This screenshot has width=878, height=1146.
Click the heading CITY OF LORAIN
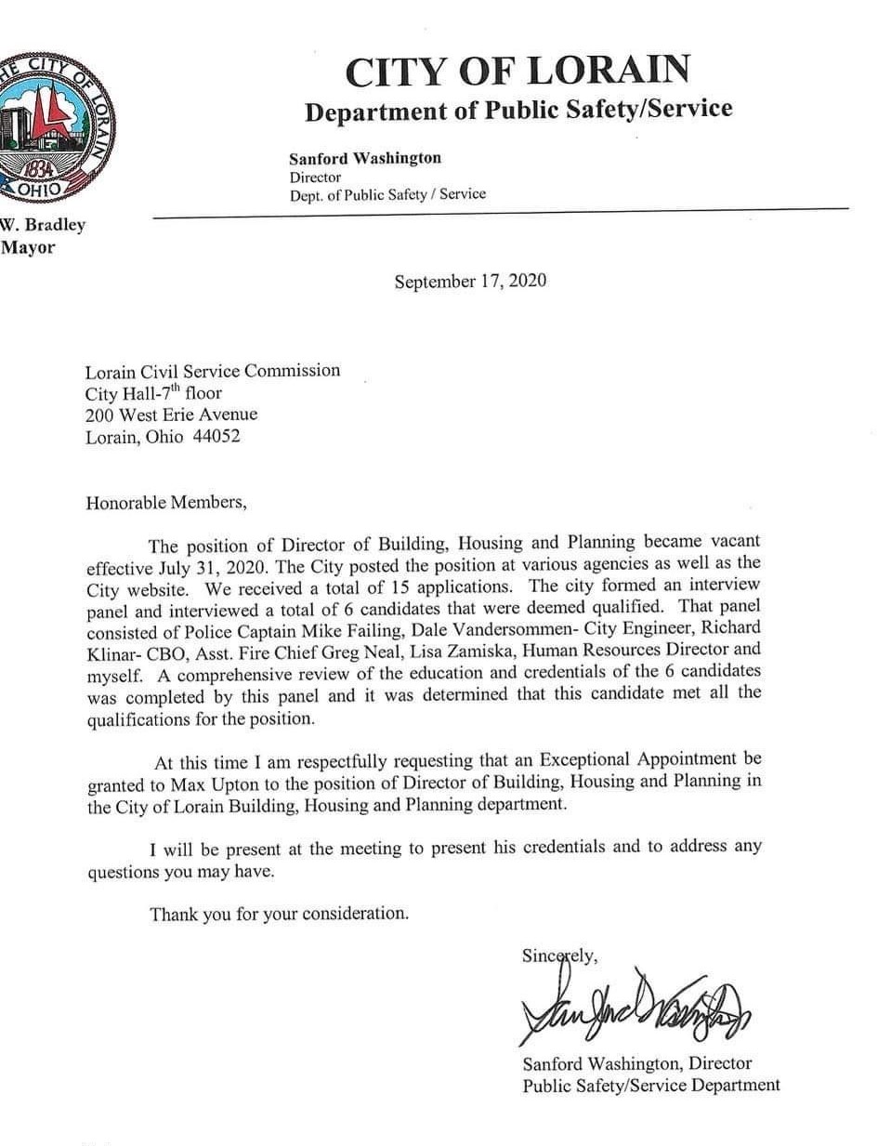click(518, 72)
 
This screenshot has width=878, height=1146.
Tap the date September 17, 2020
click(470, 281)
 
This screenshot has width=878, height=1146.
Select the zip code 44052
click(216, 437)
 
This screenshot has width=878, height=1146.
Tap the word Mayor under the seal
click(28, 248)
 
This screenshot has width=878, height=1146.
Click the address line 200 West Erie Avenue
click(172, 415)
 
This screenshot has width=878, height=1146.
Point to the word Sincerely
click(559, 955)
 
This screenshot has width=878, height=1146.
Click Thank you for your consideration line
click(280, 914)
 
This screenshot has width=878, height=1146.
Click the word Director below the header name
click(315, 177)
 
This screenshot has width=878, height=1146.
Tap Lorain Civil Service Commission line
click(213, 370)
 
